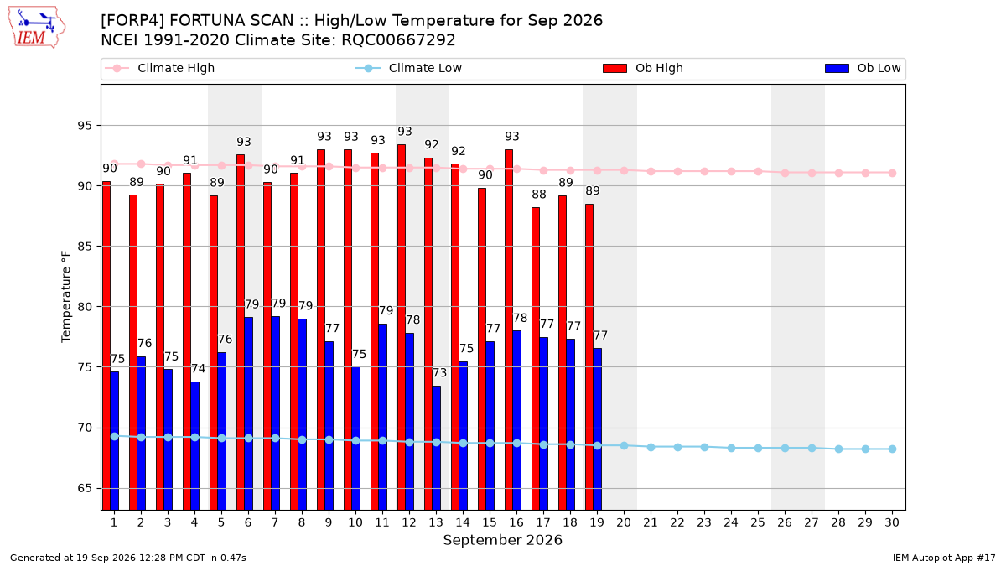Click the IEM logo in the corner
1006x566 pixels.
pyautogui.click(x=37, y=28)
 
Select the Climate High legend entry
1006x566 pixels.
pyautogui.click(x=159, y=68)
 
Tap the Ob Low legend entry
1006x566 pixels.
pyautogui.click(x=863, y=68)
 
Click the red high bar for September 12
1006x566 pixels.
pyautogui.click(x=402, y=327)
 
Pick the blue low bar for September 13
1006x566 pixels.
pyautogui.click(x=437, y=448)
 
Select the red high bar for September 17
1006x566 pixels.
pyautogui.click(x=536, y=359)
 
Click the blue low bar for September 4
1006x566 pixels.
pyautogui.click(x=194, y=446)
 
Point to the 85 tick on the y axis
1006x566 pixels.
pyautogui.click(x=85, y=247)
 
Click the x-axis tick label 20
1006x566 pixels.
pyautogui.click(x=624, y=522)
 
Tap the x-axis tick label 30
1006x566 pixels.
pyautogui.click(x=892, y=522)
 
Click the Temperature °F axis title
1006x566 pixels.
pyautogui.click(x=66, y=297)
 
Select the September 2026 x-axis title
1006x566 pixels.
pyautogui.click(x=502, y=540)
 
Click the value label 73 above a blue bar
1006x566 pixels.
pyautogui.click(x=439, y=373)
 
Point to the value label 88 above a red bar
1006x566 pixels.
pyautogui.click(x=539, y=194)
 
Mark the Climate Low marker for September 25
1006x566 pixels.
pyautogui.click(x=758, y=448)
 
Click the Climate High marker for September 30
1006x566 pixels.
pyautogui.click(x=892, y=173)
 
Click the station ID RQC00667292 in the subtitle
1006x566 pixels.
pyautogui.click(x=398, y=40)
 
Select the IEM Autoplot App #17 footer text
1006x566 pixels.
pyautogui.click(x=944, y=558)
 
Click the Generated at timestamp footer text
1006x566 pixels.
pyautogui.click(x=128, y=558)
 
